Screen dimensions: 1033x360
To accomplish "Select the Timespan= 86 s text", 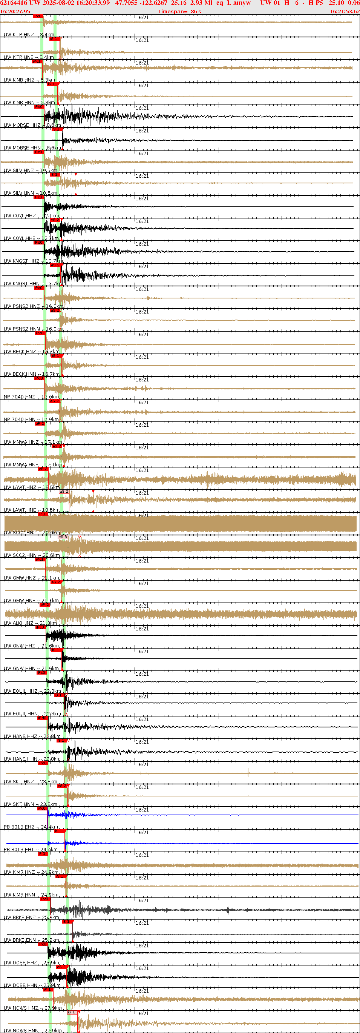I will tap(179, 12).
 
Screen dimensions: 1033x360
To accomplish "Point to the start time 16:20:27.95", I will tap(15, 12).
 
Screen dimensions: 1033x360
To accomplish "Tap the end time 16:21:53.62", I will tap(345, 12).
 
